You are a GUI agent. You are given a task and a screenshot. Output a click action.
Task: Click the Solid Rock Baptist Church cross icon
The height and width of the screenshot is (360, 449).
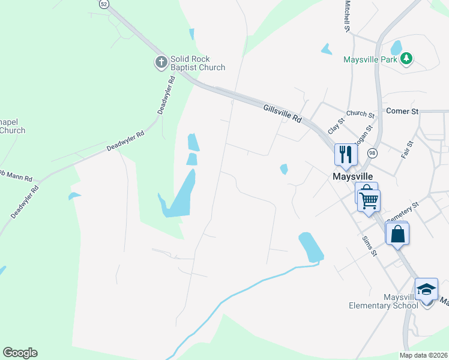tap(161, 62)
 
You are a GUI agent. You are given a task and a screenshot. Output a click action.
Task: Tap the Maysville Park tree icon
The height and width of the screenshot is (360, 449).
tap(408, 59)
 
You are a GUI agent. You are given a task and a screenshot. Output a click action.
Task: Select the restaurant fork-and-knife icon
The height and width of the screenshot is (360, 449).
tap(345, 154)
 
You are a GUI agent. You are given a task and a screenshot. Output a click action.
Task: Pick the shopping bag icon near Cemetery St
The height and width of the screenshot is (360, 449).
tap(397, 234)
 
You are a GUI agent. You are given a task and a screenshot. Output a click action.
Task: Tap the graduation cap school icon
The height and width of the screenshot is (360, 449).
tap(426, 290)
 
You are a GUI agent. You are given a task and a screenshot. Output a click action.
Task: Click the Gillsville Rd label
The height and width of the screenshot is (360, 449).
tap(282, 112)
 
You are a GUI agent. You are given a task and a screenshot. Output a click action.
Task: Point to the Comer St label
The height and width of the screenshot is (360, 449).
tap(402, 111)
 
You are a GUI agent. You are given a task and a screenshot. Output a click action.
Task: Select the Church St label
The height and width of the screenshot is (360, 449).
tap(360, 113)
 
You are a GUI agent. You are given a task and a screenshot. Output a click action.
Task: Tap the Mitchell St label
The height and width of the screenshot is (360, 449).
tap(347, 16)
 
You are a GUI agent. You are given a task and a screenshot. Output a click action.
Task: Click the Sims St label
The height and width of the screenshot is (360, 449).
tap(369, 245)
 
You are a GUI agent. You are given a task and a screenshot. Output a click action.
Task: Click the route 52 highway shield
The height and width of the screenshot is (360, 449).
tap(104, 4)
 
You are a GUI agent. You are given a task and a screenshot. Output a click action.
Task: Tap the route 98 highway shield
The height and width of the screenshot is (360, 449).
tap(372, 153)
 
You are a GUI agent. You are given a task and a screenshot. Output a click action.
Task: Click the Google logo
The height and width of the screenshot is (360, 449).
tap(20, 353)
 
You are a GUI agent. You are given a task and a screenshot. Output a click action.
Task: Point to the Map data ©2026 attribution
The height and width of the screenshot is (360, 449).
tap(423, 355)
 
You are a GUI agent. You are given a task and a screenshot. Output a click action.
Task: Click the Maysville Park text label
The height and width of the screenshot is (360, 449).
tap(372, 59)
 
